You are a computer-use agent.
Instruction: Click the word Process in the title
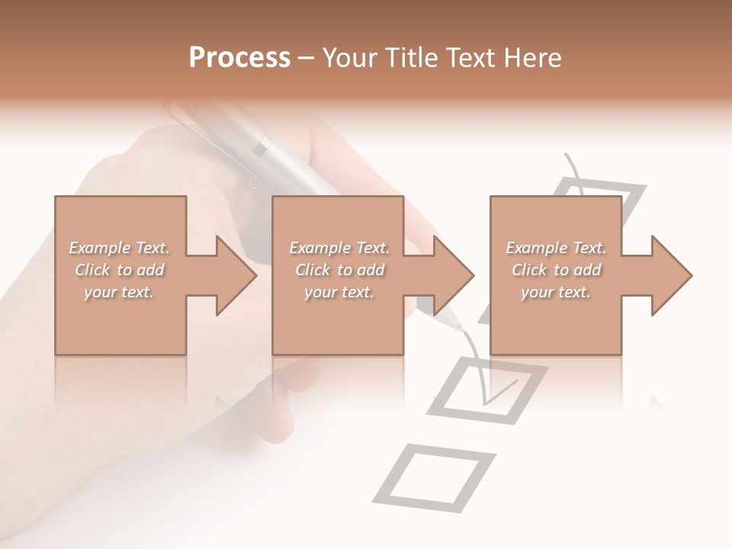click(239, 58)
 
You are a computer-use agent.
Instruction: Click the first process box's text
click(120, 270)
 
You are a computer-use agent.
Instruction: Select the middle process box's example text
click(339, 270)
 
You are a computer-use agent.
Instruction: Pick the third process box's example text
click(556, 270)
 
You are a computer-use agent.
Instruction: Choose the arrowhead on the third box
click(670, 275)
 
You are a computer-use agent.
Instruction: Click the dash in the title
click(306, 58)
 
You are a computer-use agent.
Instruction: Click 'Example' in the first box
click(99, 248)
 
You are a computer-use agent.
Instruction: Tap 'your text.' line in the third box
click(556, 292)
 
